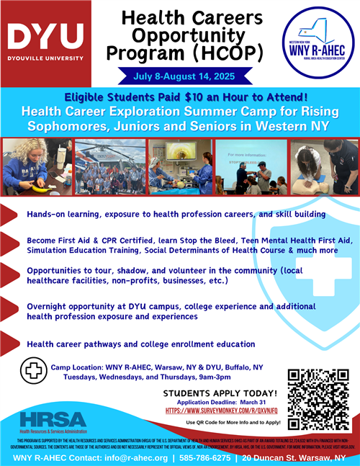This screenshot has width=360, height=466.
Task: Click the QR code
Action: click(318, 399)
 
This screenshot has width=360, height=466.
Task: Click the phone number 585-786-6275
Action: click(205, 457)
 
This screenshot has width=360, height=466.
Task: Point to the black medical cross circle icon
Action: click(30, 371)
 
